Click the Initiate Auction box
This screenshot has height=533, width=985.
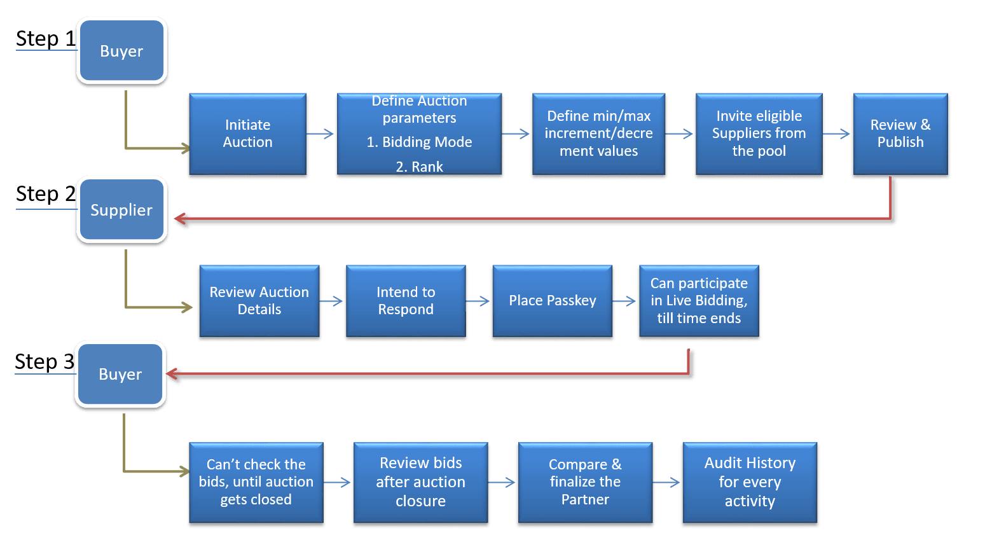tap(248, 134)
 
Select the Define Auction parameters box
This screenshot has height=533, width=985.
tap(419, 134)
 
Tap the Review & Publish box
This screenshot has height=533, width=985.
tap(900, 134)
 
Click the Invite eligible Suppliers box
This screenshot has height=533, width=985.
tap(759, 134)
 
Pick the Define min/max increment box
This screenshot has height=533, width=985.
tap(598, 134)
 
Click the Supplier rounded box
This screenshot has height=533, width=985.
tap(121, 211)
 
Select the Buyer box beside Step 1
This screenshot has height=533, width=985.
tap(121, 52)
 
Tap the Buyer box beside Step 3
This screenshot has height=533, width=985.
tap(120, 375)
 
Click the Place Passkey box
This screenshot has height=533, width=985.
tap(552, 301)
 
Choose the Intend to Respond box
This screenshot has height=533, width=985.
tap(406, 301)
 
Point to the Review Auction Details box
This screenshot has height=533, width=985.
tap(259, 301)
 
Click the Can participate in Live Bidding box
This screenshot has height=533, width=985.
tap(698, 301)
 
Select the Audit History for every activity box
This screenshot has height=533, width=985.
tap(749, 482)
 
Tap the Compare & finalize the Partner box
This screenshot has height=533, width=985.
tap(585, 482)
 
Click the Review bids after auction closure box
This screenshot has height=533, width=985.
tap(420, 482)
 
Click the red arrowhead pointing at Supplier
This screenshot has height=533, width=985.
tap(180, 219)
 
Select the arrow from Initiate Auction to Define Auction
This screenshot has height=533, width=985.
tap(322, 134)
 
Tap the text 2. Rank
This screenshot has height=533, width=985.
tap(419, 167)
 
